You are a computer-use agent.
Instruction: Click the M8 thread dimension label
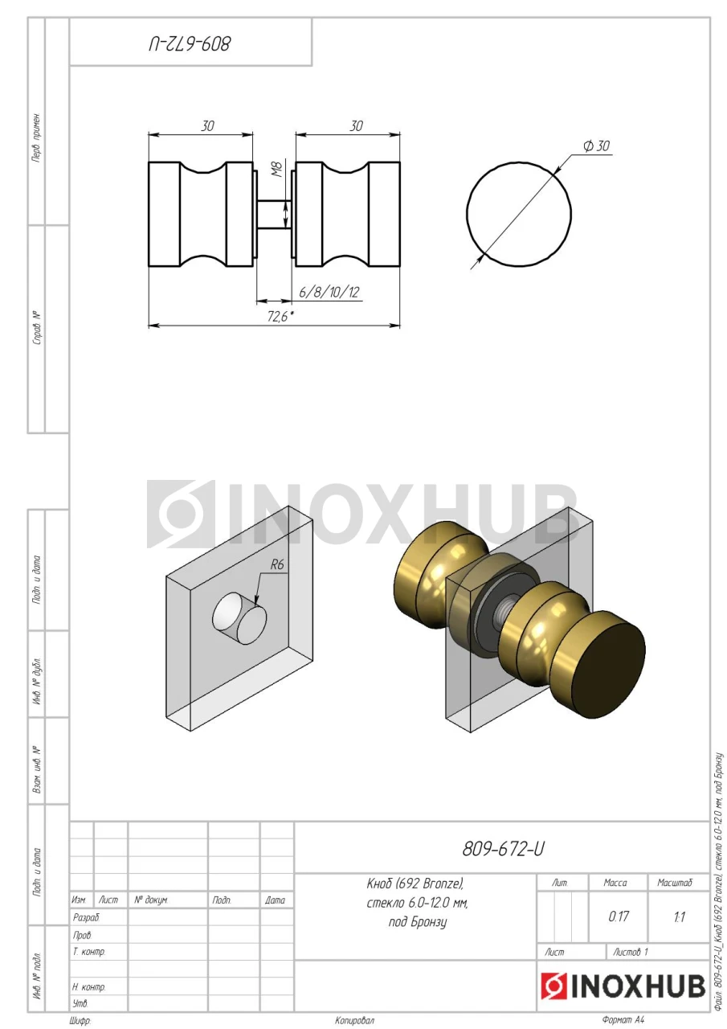point(277,170)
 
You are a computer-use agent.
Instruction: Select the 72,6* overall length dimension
point(280,317)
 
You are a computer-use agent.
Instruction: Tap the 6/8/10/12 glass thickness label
point(329,292)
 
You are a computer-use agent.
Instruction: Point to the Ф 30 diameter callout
point(596,146)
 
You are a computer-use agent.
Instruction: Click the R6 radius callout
point(277,564)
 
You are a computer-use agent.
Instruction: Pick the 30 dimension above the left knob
point(207,126)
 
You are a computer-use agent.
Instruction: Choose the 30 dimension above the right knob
point(356,126)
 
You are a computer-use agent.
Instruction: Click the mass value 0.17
point(619,916)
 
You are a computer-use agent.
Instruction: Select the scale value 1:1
point(680,917)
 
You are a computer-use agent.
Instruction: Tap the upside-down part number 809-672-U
point(190,44)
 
